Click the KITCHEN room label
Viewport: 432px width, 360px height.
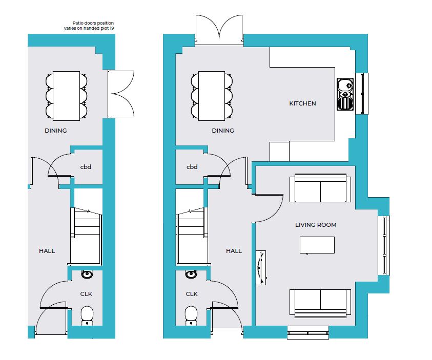302,103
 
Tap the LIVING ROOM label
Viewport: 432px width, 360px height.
316,225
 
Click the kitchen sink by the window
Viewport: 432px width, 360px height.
345,94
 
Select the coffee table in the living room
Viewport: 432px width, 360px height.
317,245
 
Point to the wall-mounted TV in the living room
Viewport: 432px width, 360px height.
261,267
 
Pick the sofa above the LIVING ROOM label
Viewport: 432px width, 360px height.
320,188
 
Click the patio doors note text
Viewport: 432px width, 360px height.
89,26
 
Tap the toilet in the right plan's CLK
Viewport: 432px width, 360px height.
191,316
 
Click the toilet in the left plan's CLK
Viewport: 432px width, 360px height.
87,316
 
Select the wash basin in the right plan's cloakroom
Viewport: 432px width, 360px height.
191,274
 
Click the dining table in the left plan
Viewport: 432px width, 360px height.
67,96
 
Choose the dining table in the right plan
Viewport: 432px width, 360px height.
212,96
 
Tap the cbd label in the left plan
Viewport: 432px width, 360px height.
86,167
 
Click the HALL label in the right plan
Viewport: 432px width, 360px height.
234,251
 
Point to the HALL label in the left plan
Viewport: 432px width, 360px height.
47,251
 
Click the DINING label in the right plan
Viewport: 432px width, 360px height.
223,131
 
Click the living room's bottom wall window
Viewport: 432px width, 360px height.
308,332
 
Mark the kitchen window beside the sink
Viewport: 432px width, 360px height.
362,94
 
